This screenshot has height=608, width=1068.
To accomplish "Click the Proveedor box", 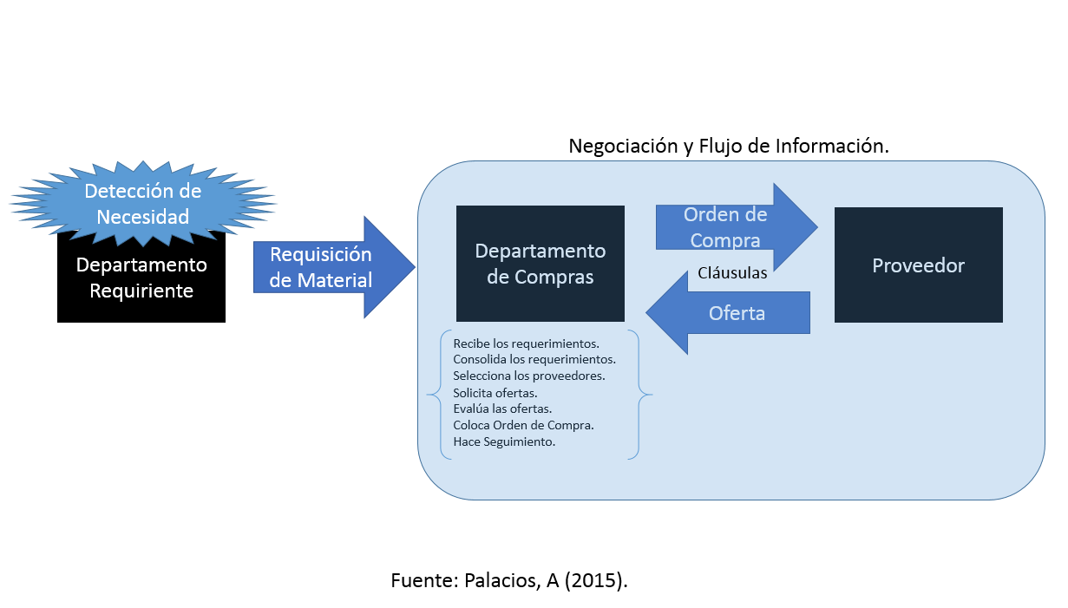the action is point(918,265).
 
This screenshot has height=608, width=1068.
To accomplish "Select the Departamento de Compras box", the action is point(541,264).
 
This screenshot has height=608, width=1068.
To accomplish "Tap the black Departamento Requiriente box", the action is point(141,278).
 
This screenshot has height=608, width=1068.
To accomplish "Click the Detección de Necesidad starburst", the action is point(142,204).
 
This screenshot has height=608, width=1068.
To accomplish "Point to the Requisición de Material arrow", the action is point(334,267).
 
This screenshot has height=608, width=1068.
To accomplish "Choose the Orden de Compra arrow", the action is point(737,227).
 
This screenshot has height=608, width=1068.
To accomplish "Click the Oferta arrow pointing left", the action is point(728,312).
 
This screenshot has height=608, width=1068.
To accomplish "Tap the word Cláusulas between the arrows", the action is point(732,273).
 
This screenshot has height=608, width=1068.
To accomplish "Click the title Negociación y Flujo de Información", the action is point(729,146).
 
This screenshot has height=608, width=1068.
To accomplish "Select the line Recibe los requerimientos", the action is point(526,343).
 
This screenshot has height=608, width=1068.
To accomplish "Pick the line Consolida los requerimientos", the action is point(534,359).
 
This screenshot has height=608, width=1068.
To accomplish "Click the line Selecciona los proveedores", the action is point(528,376).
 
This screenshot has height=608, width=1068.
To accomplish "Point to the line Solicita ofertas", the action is point(495,393).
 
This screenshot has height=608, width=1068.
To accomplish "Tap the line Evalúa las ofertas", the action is point(502,409).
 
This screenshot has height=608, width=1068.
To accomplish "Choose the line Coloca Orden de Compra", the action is point(523,425).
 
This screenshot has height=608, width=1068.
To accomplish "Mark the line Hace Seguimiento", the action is point(504,441).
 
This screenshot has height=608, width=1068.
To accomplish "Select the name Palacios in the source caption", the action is point(502,580).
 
